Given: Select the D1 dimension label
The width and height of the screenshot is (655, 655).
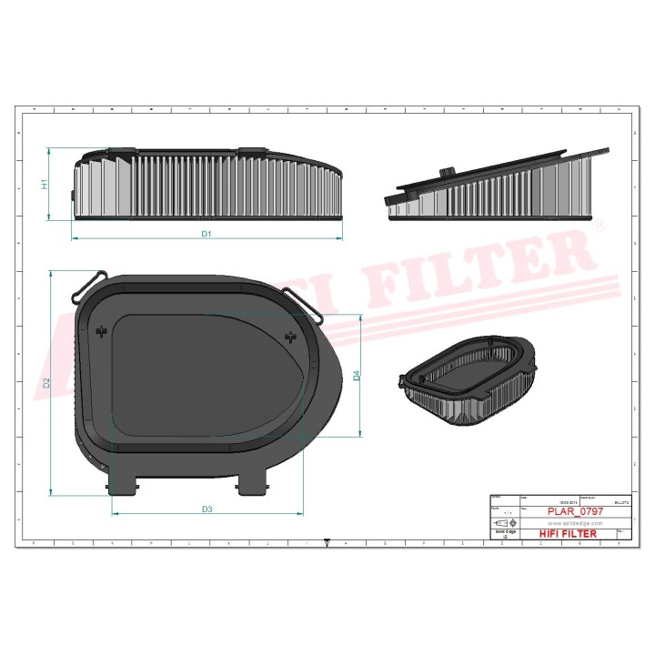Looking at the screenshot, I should (x=207, y=235).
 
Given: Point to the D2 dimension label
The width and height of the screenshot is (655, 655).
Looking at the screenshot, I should (x=45, y=382).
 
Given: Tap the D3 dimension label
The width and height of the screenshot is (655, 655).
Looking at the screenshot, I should (x=207, y=509).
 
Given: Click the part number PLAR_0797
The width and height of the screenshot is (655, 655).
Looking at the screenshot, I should (x=575, y=512).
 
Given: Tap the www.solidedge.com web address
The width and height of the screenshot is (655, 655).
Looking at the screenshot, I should (x=575, y=523).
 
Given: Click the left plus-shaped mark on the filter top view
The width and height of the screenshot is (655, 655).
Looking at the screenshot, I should (x=102, y=332).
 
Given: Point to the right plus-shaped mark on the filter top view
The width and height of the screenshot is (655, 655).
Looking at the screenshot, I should (x=291, y=338).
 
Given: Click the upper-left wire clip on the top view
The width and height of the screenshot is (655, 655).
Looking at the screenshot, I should (x=89, y=282).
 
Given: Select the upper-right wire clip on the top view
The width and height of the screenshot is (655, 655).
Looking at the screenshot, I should (x=304, y=305).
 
